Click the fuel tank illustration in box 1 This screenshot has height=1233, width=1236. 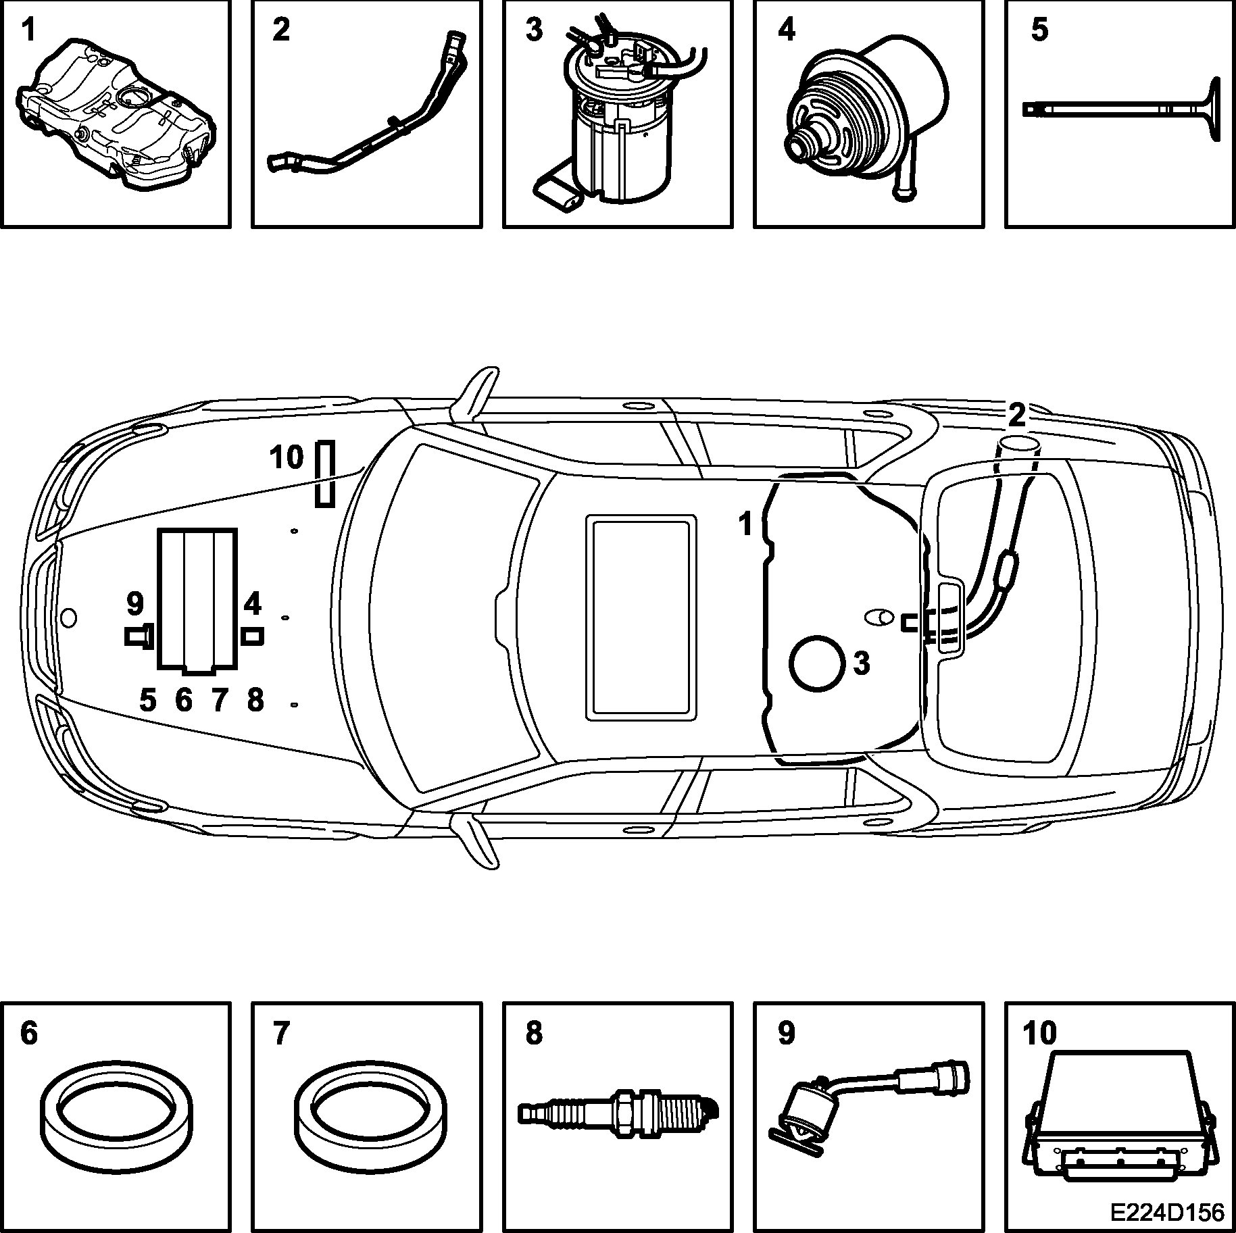tap(115, 115)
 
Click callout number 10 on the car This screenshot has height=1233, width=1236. tap(287, 457)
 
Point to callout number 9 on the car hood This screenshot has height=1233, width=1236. tap(135, 604)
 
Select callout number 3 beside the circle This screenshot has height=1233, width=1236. tap(861, 663)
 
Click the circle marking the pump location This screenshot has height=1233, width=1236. tap(818, 663)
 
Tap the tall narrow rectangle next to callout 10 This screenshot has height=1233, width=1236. tap(325, 474)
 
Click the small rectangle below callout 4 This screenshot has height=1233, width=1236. tap(252, 636)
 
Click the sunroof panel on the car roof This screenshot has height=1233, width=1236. tap(641, 616)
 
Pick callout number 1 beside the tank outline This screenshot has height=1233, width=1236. tap(745, 524)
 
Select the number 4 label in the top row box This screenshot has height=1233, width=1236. tap(787, 30)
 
